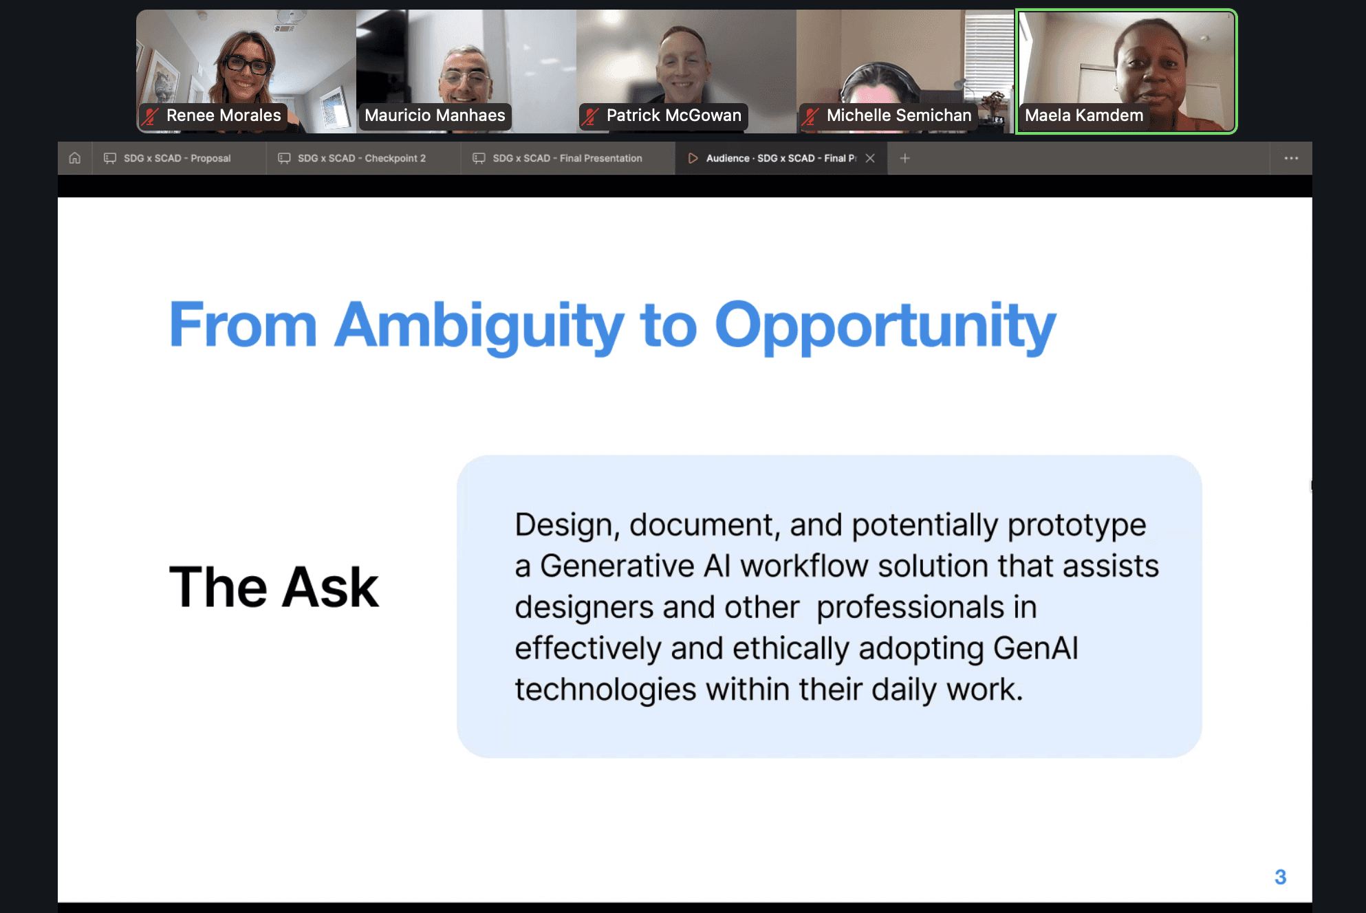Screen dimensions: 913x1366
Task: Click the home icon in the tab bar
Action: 75,158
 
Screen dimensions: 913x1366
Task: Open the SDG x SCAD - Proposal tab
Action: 177,158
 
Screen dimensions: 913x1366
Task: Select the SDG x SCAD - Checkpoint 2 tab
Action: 361,158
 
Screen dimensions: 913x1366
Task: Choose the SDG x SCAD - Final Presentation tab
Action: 567,158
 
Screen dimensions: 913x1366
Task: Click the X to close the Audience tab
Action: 870,158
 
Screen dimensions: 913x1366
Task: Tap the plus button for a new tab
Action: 905,158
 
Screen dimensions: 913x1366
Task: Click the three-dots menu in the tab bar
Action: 1291,158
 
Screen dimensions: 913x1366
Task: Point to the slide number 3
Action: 1280,877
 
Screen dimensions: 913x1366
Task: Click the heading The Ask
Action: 274,588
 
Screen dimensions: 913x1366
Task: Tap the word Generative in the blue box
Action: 617,566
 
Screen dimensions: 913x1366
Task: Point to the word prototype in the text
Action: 1076,525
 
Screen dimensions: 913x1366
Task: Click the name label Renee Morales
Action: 224,115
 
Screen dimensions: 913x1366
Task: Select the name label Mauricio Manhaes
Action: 435,115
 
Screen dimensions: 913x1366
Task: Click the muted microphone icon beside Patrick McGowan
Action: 590,116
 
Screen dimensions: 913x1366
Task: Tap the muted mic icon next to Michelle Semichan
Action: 811,116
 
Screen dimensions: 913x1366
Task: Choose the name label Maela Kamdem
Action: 1084,115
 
